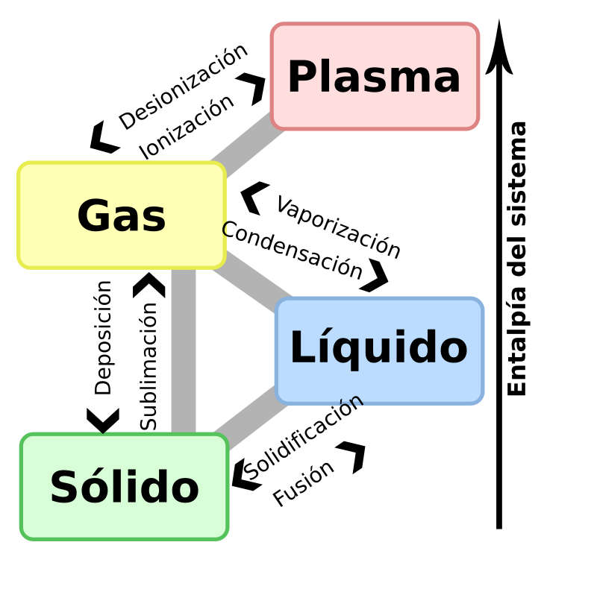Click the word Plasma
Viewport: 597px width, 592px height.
click(374, 77)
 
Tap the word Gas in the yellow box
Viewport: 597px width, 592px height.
click(122, 217)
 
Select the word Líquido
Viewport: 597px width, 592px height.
click(378, 348)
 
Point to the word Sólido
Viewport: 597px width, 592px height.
click(125, 488)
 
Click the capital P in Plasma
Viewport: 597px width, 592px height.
click(300, 77)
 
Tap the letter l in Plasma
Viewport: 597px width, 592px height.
click(323, 76)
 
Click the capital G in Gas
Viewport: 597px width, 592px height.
click(93, 217)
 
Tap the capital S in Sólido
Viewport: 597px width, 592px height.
click(63, 488)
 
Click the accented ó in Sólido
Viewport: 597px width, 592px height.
click(90, 488)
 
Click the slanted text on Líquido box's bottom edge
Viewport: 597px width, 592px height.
click(351, 403)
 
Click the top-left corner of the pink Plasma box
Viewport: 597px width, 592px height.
click(274, 25)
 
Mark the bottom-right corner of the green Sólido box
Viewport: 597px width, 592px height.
click(225, 536)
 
